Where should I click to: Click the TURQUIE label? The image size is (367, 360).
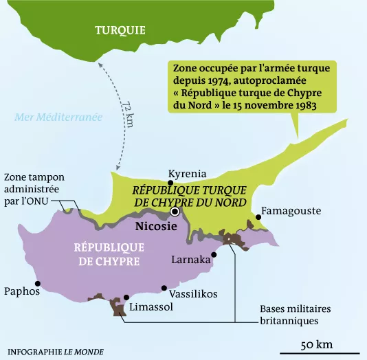120,30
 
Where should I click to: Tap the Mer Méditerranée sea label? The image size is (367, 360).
59,117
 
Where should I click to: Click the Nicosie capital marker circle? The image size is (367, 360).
175,212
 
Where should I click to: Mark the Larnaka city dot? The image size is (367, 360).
214,254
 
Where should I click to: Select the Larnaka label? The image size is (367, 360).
191,260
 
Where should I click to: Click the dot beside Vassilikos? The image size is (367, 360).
164,289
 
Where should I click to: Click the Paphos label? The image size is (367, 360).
21,291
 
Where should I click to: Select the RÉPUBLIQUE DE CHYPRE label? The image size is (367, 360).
107,254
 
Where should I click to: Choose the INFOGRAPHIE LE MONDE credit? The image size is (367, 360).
54,351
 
